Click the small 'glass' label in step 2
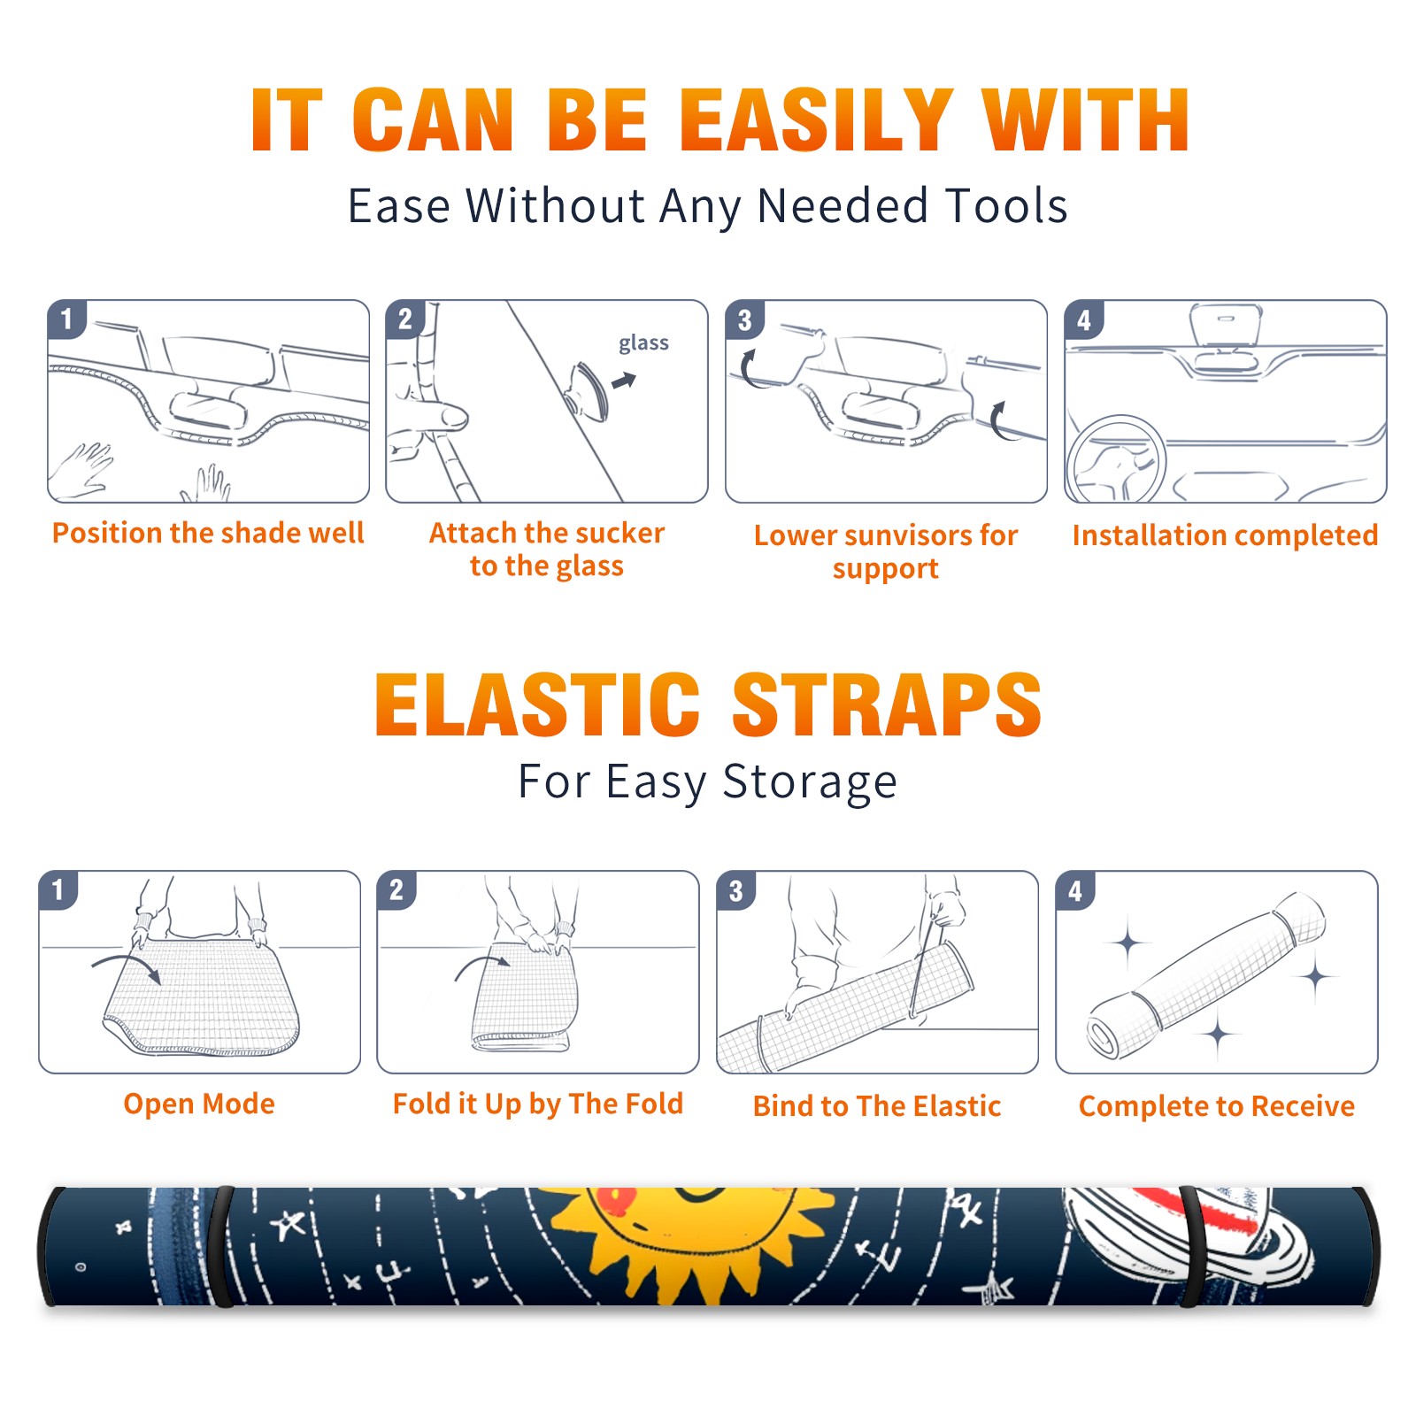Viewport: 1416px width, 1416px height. click(x=643, y=343)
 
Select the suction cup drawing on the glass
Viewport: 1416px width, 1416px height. click(x=588, y=390)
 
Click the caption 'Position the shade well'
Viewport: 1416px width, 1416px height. click(x=208, y=533)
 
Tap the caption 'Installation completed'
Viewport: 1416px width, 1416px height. click(x=1225, y=535)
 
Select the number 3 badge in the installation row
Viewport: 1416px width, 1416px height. click(x=744, y=319)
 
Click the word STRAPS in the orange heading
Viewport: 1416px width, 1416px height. click(x=887, y=704)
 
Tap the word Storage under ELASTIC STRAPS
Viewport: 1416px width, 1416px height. click(x=810, y=783)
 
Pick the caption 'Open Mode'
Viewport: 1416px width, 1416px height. click(x=199, y=1104)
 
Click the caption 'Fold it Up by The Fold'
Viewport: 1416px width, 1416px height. click(x=538, y=1104)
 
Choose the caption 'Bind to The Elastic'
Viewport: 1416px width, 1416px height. click(x=877, y=1106)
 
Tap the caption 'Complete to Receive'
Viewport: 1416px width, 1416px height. click(x=1217, y=1106)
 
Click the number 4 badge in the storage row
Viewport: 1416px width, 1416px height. click(x=1075, y=890)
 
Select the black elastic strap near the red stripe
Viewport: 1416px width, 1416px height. click(x=1191, y=1246)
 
